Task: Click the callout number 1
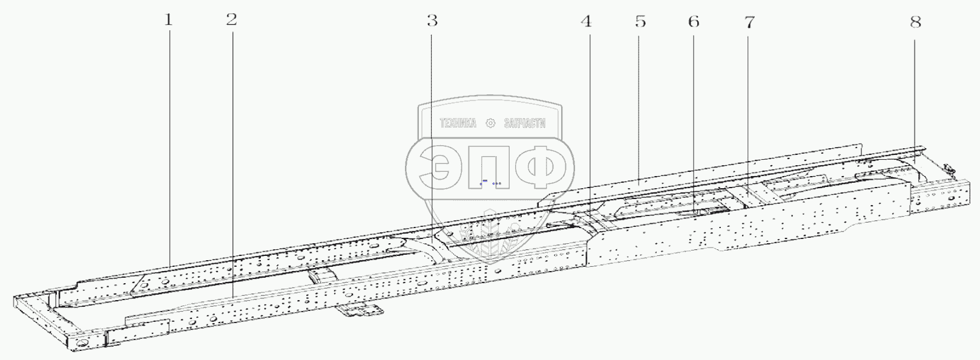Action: (x=168, y=20)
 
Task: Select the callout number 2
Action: (x=232, y=19)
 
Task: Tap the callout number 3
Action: (x=432, y=20)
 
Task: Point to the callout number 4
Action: (x=587, y=21)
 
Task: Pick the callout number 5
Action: (x=640, y=21)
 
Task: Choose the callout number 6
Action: (x=694, y=21)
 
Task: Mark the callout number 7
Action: (x=749, y=22)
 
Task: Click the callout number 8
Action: (x=916, y=22)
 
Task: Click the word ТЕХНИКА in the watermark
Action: (x=458, y=123)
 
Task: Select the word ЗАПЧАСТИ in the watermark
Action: (x=525, y=123)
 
